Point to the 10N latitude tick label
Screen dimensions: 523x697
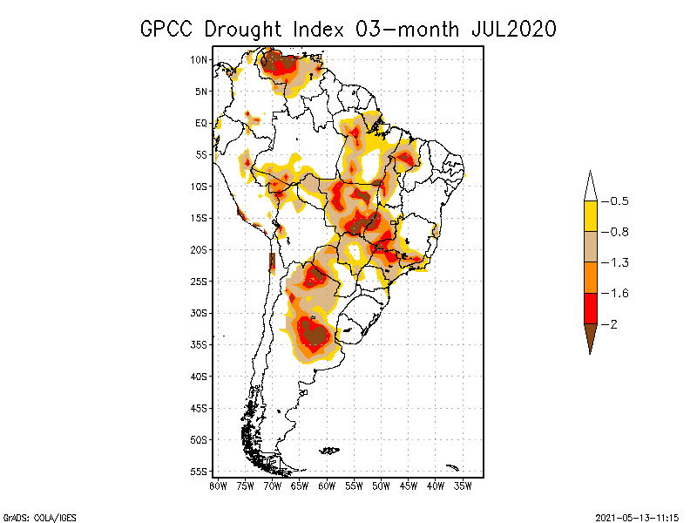pos(199,59)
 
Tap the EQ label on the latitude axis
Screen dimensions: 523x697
pos(201,123)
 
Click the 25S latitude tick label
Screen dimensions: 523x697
pos(199,282)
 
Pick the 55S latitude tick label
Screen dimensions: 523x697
pos(199,472)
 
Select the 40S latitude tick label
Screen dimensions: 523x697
pos(199,377)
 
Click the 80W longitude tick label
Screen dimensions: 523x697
pos(218,485)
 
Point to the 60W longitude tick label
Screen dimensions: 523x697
pos(327,485)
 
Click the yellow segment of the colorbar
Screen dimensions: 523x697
pos(590,216)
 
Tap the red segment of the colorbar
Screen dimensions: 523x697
pos(590,309)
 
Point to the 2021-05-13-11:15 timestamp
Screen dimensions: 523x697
pos(637,517)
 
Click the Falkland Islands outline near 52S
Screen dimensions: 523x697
pos(329,451)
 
